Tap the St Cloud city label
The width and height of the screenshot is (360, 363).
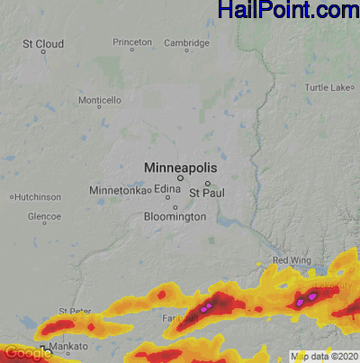43,43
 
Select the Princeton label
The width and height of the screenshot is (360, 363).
132,42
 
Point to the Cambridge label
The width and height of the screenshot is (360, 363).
186,42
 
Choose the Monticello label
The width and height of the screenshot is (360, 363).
100,100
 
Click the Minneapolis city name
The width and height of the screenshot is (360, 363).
180,168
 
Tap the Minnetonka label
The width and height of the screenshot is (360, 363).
117,191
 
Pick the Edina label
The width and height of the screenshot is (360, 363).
167,189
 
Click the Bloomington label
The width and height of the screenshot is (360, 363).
175,217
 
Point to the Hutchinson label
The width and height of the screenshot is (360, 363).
38,196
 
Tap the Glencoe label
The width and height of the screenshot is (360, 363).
44,217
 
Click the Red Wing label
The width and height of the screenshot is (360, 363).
291,260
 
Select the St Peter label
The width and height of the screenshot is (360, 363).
75,312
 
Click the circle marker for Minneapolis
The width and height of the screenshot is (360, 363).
180,178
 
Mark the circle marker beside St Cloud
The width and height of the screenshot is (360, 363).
43,52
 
